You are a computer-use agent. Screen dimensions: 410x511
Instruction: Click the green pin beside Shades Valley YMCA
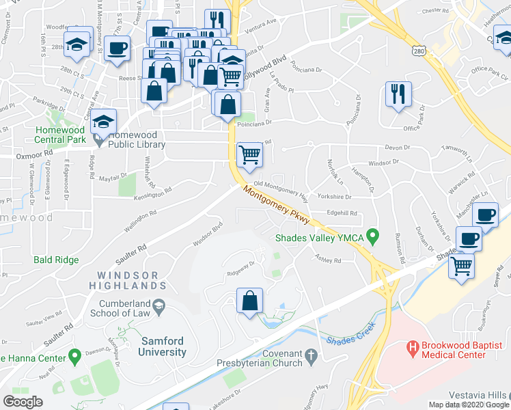[x=372, y=237]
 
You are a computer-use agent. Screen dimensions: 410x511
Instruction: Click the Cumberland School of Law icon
[x=159, y=304]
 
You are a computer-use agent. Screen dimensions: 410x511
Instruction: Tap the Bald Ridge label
[x=56, y=260]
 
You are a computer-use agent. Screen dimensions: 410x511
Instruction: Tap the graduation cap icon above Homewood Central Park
[x=104, y=121]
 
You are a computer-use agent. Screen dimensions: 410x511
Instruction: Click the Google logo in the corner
[x=23, y=401]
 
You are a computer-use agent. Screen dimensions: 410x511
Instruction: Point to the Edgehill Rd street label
[x=342, y=213]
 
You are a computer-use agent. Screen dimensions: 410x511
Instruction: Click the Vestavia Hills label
[x=479, y=396]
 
